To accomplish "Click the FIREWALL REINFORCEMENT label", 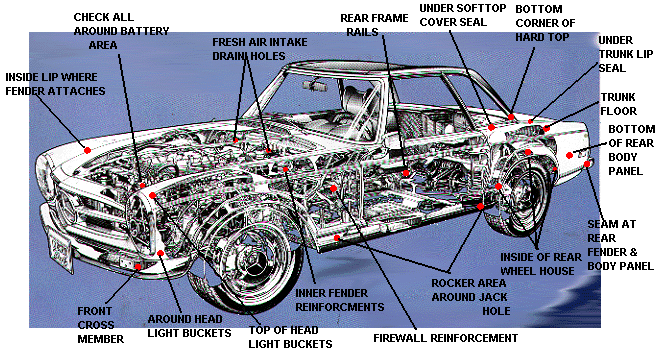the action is pyautogui.click(x=445, y=338).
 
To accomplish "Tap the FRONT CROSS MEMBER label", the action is pyautogui.click(x=100, y=325).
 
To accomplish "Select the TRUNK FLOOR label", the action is pyautogui.click(x=618, y=104).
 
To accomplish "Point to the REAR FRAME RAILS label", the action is pyautogui.click(x=374, y=25).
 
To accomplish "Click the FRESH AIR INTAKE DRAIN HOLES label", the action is pyautogui.click(x=259, y=49).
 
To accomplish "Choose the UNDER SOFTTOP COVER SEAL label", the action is pyautogui.click(x=462, y=15).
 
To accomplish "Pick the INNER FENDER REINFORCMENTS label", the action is pyautogui.click(x=339, y=300).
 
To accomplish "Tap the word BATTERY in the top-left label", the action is pyautogui.click(x=145, y=31).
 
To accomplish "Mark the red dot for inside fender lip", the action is pyautogui.click(x=87, y=150).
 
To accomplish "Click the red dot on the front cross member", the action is pyautogui.click(x=138, y=267).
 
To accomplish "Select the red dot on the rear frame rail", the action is pyautogui.click(x=406, y=173).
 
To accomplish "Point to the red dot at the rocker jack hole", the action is pyautogui.click(x=480, y=206).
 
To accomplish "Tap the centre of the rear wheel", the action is pyautogui.click(x=523, y=195).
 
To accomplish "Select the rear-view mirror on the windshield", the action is pyautogui.click(x=314, y=86).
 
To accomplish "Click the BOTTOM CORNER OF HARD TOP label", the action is pyautogui.click(x=545, y=23).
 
